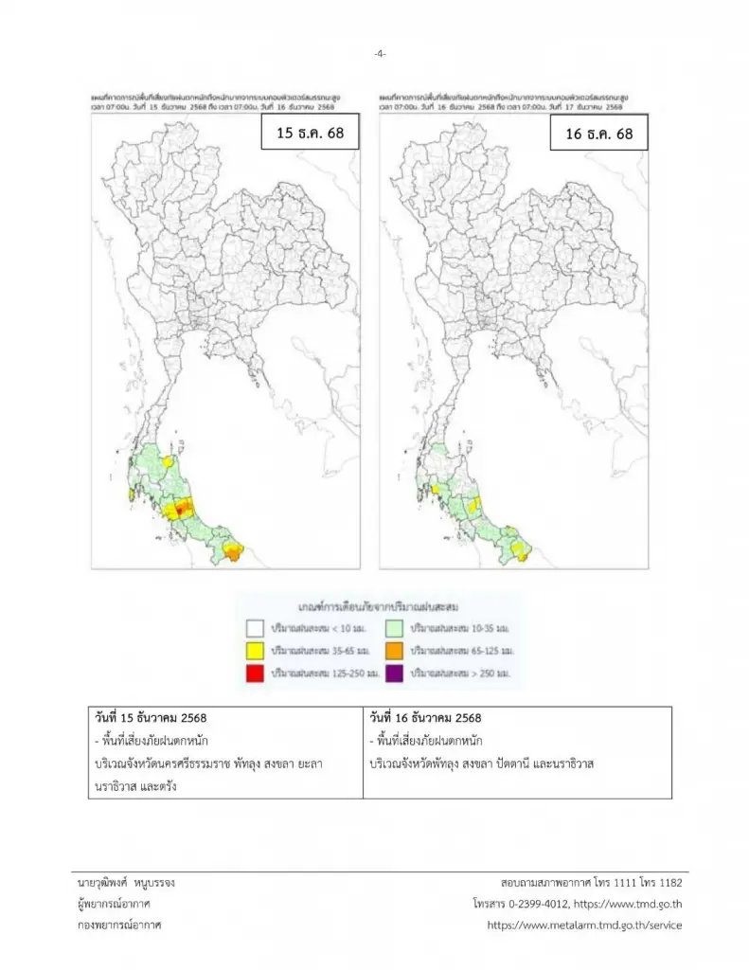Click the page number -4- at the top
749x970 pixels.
379,54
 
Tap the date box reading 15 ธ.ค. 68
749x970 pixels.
310,134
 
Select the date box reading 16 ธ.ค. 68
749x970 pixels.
598,134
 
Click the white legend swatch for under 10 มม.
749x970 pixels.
255,627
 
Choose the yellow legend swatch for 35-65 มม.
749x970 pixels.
255,651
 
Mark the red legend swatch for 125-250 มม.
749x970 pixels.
255,674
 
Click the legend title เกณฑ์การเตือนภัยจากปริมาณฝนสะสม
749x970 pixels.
371,604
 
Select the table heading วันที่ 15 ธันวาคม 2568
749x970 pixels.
152,718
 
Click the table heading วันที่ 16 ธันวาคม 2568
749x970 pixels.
426,718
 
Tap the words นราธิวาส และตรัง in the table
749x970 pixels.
133,786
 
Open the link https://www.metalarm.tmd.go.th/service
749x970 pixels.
584,925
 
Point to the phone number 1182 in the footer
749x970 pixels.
669,882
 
